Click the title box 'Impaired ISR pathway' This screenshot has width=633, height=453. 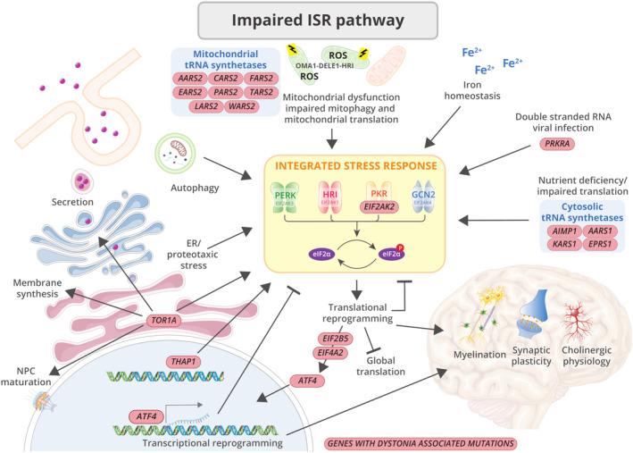[x=316, y=20]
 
